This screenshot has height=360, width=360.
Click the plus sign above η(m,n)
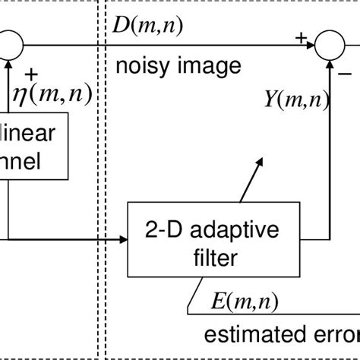click(31, 73)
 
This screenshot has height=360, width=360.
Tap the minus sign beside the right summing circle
click(344, 74)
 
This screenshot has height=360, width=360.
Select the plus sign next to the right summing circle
click(302, 35)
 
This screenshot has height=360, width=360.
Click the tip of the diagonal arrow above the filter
click(263, 159)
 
